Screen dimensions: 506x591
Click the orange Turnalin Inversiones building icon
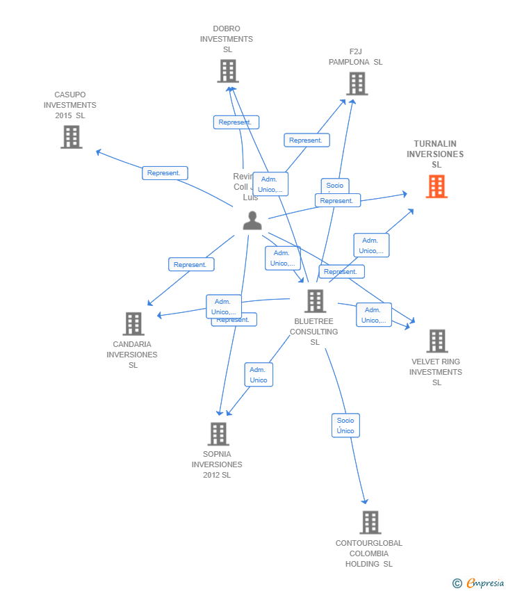[x=436, y=186]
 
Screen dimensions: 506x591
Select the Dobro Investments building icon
[x=227, y=71]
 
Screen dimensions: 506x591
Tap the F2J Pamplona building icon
[x=357, y=83]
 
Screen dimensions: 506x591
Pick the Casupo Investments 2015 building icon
[x=71, y=137]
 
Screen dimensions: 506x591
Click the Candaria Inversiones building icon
[x=133, y=324]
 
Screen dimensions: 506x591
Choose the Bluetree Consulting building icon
[x=315, y=301]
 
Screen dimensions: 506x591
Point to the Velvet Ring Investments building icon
[x=436, y=341]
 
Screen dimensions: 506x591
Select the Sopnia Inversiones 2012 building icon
[x=218, y=434]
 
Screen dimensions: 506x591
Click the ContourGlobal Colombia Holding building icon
[x=370, y=522]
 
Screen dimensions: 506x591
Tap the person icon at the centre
[x=252, y=220]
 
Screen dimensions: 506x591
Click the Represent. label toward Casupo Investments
[x=165, y=173]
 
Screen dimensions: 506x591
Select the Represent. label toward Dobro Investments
[x=236, y=122]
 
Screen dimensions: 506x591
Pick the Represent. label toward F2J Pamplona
[x=307, y=140]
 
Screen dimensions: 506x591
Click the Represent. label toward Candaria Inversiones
[x=191, y=265]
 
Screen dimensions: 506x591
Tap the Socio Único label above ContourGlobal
[x=345, y=426]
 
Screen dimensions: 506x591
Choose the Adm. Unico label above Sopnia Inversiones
[x=259, y=375]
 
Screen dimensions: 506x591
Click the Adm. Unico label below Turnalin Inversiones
[x=371, y=245]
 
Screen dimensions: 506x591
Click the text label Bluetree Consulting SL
[x=314, y=332]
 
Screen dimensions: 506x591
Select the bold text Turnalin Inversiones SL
[x=435, y=154]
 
